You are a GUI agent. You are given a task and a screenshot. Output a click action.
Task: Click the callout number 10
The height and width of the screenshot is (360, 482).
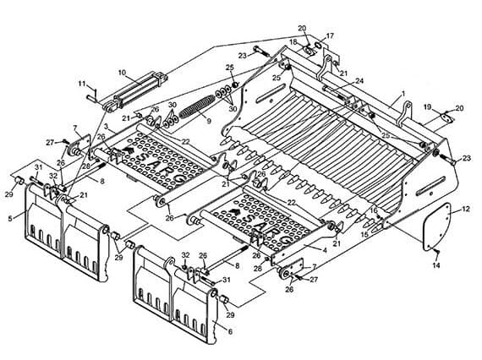(122, 73)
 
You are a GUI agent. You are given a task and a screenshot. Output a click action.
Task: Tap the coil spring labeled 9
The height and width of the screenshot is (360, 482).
(197, 106)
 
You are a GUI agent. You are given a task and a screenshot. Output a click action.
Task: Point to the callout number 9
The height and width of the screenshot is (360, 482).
(209, 121)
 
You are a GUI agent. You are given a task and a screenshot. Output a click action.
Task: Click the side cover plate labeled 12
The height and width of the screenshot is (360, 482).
(437, 226)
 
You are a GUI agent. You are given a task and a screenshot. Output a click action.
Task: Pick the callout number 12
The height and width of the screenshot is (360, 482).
(466, 210)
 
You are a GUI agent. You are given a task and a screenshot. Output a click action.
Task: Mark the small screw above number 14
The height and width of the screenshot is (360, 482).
(437, 252)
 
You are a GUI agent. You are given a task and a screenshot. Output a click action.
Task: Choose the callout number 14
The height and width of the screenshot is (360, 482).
(436, 265)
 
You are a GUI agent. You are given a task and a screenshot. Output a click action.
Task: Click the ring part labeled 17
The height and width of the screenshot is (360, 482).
(318, 44)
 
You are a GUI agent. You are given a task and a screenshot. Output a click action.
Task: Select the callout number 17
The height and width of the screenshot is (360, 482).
(330, 36)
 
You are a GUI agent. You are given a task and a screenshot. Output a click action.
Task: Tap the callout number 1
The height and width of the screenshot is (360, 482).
(403, 93)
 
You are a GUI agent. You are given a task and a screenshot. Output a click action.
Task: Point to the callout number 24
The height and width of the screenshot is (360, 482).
(359, 81)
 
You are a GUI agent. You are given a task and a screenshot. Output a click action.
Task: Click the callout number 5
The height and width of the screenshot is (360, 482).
(10, 219)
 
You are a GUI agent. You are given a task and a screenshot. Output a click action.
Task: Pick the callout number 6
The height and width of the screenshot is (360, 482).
(230, 331)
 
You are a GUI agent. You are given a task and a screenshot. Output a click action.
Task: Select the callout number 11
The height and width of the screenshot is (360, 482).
(81, 84)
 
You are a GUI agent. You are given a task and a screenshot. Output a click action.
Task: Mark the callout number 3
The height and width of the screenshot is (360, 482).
(106, 126)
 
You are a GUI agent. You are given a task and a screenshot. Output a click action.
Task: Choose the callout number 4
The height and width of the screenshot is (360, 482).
(325, 250)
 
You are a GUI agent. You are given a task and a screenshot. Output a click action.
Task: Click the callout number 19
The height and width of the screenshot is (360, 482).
(428, 107)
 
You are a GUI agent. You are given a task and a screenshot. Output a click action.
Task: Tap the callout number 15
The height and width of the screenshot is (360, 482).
(364, 235)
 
